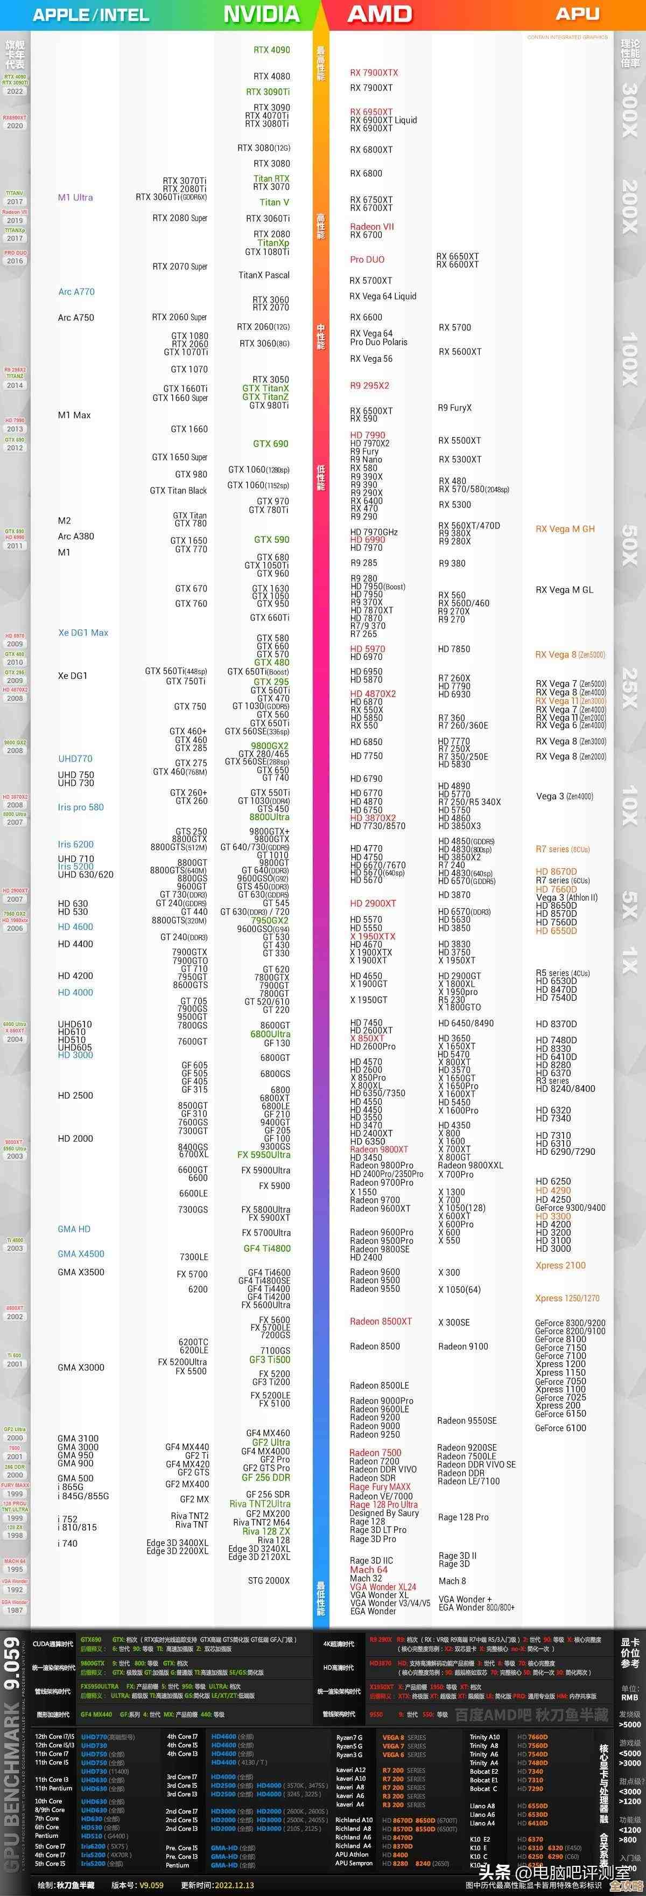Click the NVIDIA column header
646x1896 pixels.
click(x=261, y=14)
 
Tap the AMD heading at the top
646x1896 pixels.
click(x=380, y=14)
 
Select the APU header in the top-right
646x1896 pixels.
click(x=577, y=14)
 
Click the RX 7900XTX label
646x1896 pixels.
click(x=374, y=73)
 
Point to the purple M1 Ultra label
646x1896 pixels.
click(x=75, y=197)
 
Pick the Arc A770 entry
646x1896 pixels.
click(x=76, y=291)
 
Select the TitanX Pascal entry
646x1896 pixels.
click(x=263, y=275)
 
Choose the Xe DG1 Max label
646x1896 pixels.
click(x=83, y=632)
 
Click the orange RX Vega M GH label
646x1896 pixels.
click(x=565, y=528)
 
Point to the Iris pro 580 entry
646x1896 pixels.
click(x=81, y=807)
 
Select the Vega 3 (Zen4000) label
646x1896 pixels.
click(x=564, y=796)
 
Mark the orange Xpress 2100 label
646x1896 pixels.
click(x=560, y=1265)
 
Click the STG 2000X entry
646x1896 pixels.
click(x=269, y=1580)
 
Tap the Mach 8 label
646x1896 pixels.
click(x=452, y=1581)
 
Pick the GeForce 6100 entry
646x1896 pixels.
click(x=560, y=1428)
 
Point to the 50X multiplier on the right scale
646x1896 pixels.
click(x=630, y=545)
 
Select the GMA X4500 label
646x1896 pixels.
click(x=81, y=1253)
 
